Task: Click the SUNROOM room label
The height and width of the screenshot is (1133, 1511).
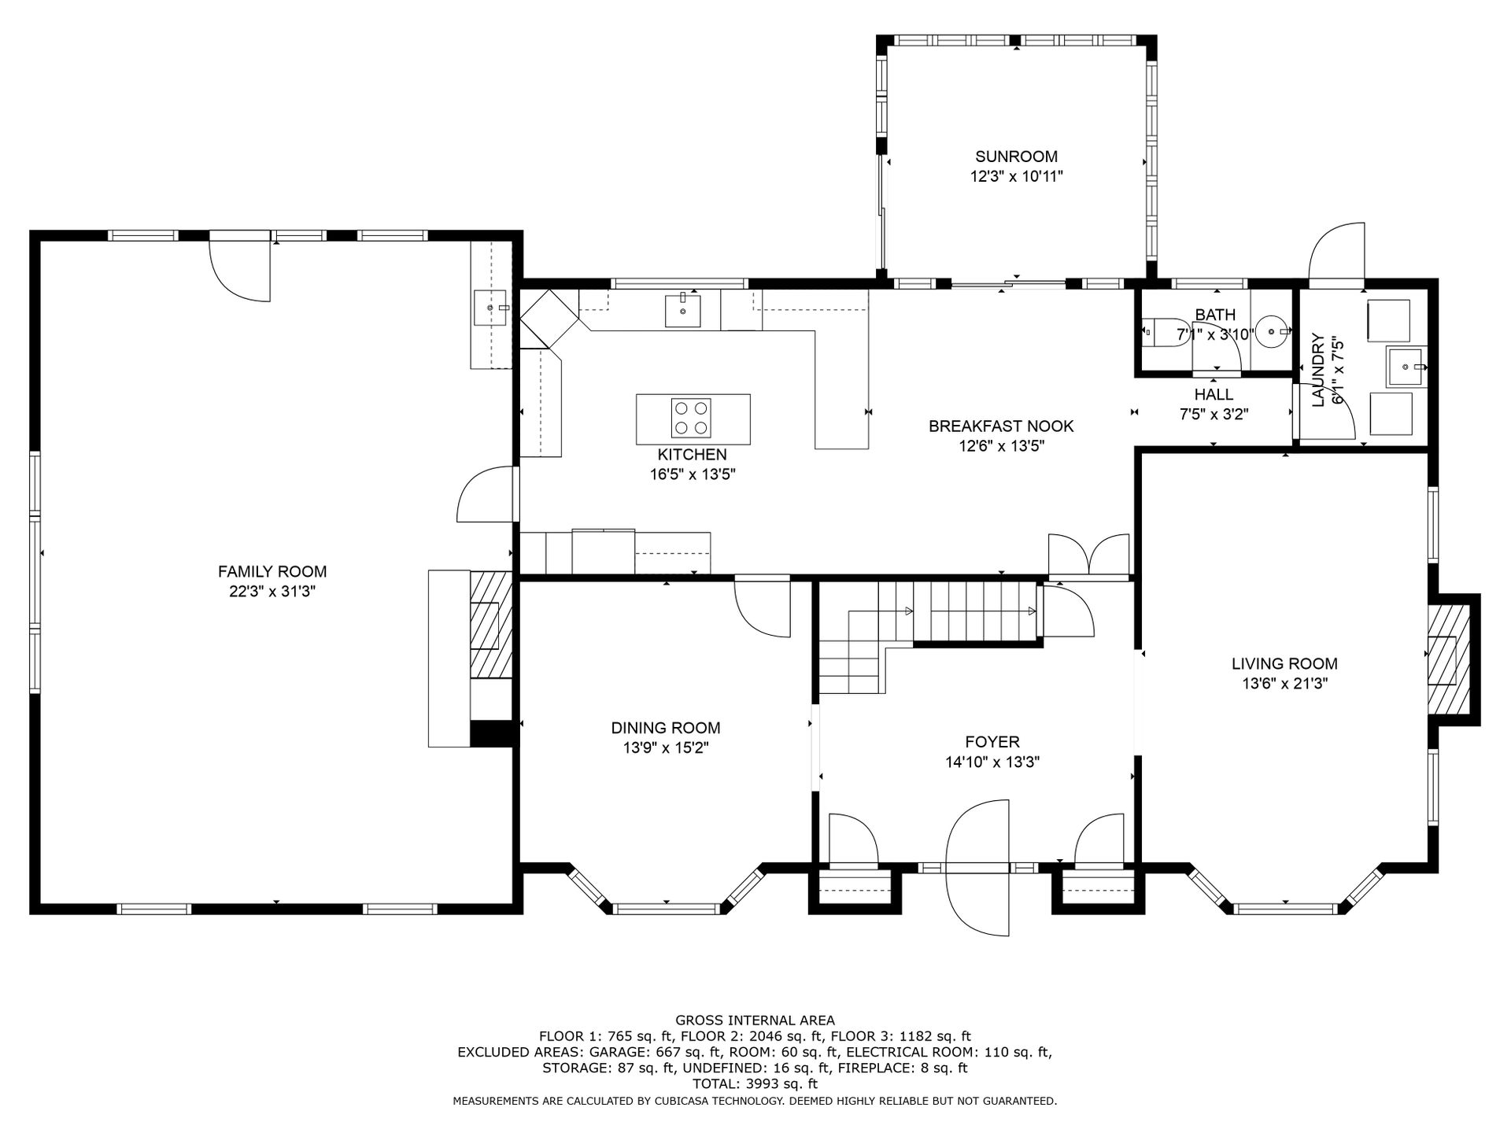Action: [x=1016, y=156]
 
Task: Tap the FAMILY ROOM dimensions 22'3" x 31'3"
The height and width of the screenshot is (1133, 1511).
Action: [x=272, y=592]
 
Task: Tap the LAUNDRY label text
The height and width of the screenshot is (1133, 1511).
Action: [x=1317, y=370]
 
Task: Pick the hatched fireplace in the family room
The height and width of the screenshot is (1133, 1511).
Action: [x=492, y=625]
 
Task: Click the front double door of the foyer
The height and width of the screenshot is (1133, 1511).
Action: [x=978, y=867]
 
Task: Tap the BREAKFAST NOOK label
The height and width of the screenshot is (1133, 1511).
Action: [x=1001, y=426]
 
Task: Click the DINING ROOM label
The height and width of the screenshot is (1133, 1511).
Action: [x=666, y=728]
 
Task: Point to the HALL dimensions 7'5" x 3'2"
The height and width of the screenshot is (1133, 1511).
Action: [x=1214, y=415]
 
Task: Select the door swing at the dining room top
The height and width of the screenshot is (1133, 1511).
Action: [x=762, y=608]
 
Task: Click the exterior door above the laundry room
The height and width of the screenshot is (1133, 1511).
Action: [x=1336, y=251]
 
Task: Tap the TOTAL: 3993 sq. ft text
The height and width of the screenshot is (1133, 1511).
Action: [x=755, y=1084]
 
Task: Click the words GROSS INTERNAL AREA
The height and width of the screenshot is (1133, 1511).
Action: [x=755, y=1020]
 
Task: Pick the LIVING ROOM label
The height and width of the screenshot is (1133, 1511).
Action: [x=1284, y=664]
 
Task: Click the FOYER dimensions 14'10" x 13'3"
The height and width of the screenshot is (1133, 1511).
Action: [x=992, y=762]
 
